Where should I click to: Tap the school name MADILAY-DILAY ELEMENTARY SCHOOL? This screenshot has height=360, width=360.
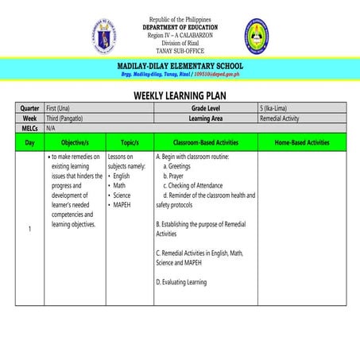coord(180,65)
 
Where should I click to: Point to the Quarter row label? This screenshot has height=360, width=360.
coord(29,107)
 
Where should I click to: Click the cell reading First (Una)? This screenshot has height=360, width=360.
coord(64,107)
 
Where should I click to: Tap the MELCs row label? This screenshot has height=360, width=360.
coord(29,127)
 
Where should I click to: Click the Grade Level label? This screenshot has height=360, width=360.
coord(206,107)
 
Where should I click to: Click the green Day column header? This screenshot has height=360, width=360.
coord(29,142)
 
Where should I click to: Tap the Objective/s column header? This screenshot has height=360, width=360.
coord(75,142)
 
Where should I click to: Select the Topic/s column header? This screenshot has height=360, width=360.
coord(130,142)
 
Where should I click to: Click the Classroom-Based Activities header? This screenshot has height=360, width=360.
coord(205,142)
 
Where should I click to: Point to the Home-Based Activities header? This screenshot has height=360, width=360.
coord(302,142)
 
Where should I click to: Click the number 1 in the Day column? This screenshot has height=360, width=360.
coord(29,230)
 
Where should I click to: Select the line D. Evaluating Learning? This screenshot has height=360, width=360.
coord(181,282)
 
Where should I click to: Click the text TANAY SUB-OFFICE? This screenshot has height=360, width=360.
coord(180,50)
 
